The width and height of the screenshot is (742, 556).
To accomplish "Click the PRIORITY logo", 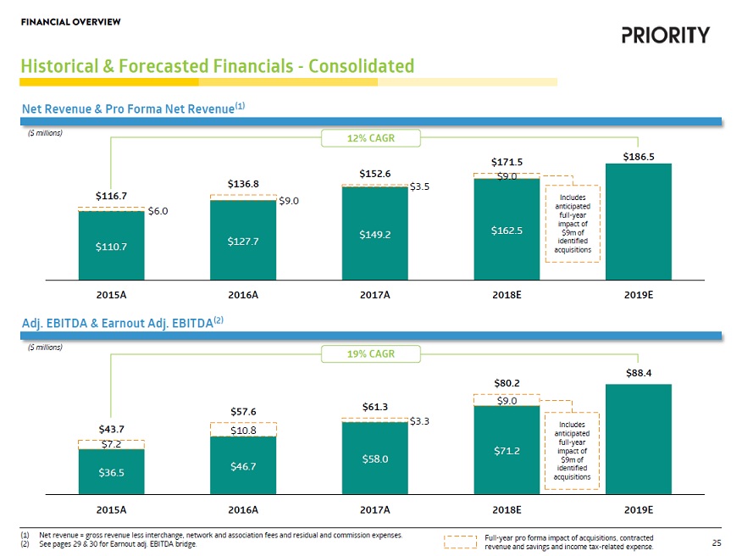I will coord(666,35).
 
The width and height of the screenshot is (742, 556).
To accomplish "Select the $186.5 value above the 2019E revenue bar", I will coord(639,157).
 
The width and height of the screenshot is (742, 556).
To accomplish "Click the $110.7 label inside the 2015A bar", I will coord(111,247).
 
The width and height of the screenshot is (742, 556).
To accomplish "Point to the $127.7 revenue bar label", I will coord(242,241).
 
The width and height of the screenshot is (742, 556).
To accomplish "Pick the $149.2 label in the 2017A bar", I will coord(374,234).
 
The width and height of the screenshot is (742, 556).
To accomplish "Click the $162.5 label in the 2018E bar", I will coord(507,230).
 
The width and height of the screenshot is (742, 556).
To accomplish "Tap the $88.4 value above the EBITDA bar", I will coord(639,372).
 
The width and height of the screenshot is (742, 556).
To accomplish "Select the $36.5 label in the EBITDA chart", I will coord(111,473).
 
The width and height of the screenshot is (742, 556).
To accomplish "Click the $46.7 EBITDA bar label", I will coord(242,466).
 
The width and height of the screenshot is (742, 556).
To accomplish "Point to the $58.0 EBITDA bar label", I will coord(374,459).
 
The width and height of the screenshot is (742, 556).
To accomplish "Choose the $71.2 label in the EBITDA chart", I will coord(507,451).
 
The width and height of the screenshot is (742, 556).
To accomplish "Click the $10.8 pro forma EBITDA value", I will coord(242,431).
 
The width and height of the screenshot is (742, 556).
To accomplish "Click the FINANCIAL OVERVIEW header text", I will coord(69,20).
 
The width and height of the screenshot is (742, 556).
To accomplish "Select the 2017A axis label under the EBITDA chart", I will coord(374,510).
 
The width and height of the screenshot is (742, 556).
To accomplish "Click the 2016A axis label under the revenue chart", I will coord(242,295).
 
